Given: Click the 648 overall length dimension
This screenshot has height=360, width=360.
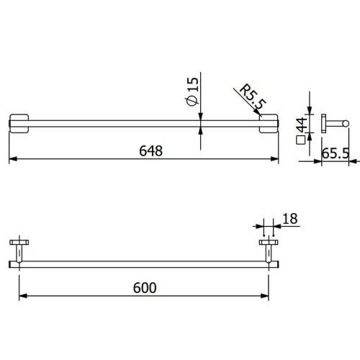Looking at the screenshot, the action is (151, 150).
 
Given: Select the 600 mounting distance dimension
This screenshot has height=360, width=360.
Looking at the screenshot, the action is (145, 287).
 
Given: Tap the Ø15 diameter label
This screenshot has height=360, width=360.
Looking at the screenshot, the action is (193, 91).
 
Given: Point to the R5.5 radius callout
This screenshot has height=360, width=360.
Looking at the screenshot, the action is (253, 96).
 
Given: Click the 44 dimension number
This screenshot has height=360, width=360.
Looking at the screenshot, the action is (302, 125).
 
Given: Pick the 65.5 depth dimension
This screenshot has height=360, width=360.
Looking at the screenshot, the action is (336, 153).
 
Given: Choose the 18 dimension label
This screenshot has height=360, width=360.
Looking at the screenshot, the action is (290, 219).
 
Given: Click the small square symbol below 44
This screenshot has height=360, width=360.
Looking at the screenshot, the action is (300, 140).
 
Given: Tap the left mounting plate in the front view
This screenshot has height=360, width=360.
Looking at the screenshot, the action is (19, 123).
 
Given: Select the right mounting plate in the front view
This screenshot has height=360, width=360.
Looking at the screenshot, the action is (269, 123).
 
